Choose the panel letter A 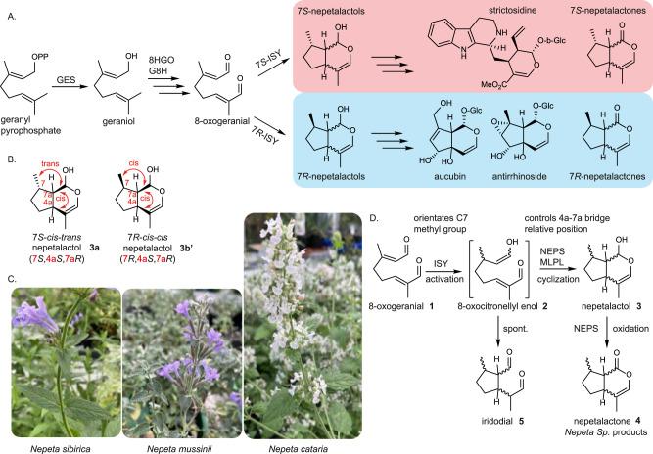8,9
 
